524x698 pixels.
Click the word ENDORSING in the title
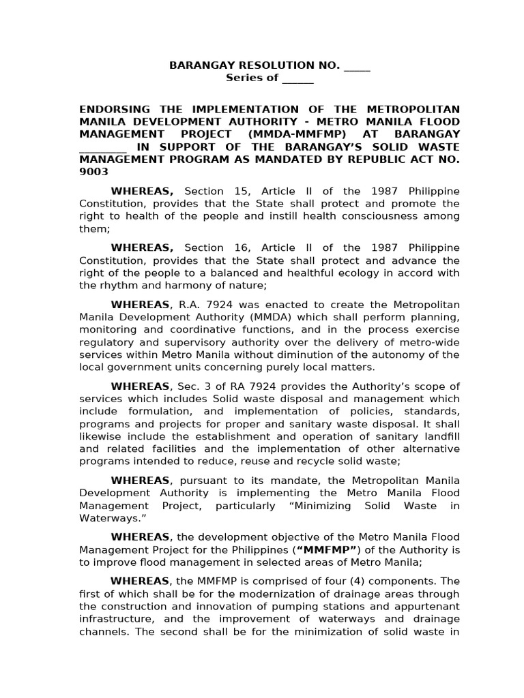112,110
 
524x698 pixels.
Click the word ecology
368,272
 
